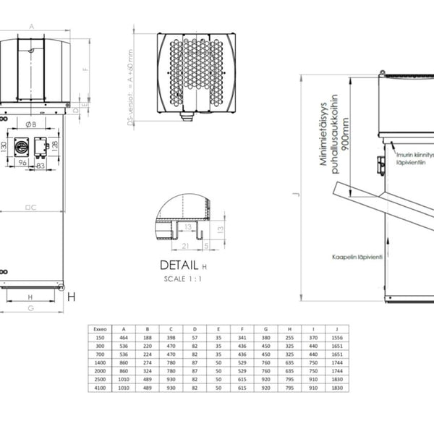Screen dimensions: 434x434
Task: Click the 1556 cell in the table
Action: point(336,338)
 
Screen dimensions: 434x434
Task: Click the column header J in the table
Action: point(336,329)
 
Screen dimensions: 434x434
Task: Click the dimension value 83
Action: point(41,166)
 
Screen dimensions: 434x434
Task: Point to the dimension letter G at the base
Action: point(30,308)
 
